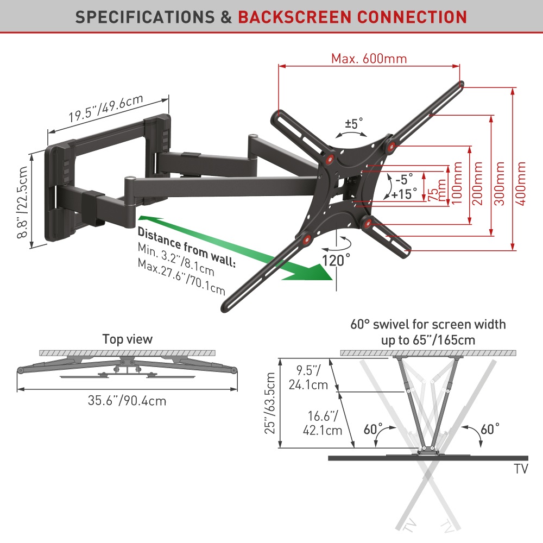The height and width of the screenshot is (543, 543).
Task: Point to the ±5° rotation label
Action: [354, 124]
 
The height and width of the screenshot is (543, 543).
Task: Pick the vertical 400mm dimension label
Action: [521, 182]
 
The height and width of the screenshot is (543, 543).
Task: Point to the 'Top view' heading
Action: [128, 339]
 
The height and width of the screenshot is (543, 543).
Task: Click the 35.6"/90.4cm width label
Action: [127, 401]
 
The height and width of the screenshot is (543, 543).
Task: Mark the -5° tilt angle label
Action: [404, 178]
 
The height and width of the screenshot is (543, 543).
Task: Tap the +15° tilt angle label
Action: [405, 193]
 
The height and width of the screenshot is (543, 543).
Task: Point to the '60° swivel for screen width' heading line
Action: [428, 325]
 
